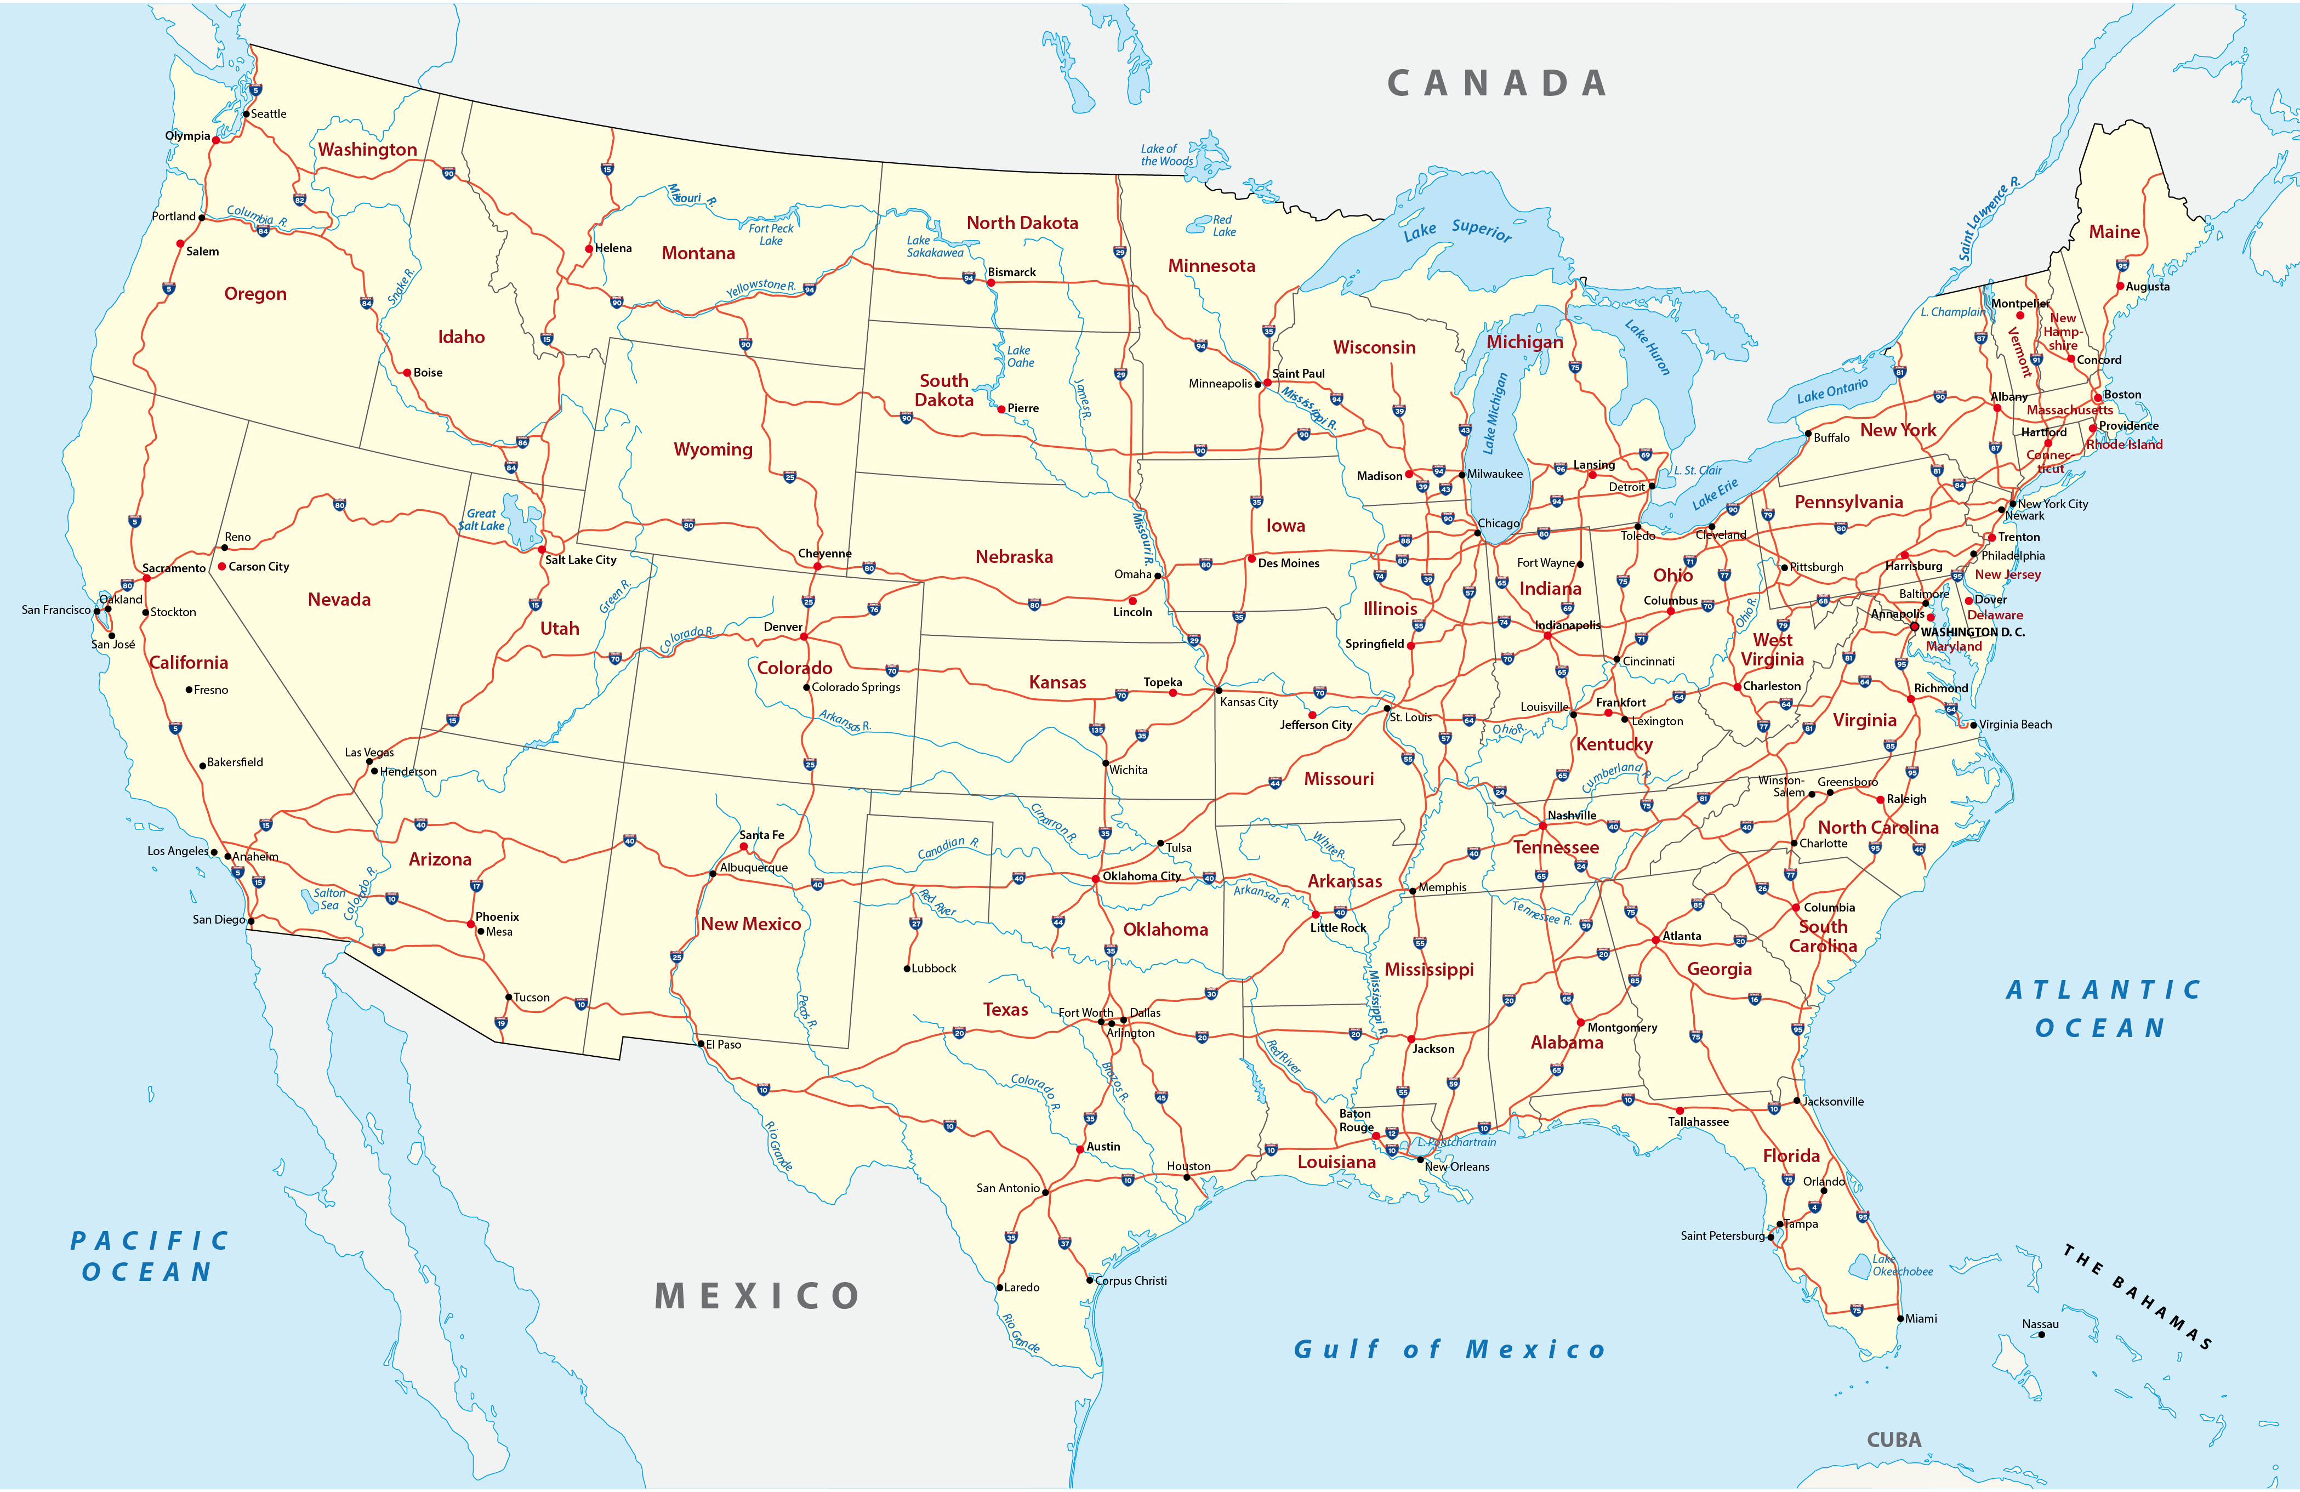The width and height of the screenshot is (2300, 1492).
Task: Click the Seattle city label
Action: pyautogui.click(x=269, y=114)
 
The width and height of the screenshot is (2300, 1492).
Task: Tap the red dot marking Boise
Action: pyautogui.click(x=408, y=372)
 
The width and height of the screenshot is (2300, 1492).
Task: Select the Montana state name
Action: pyautogui.click(x=698, y=253)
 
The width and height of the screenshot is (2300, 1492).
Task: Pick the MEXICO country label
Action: pyautogui.click(x=756, y=1296)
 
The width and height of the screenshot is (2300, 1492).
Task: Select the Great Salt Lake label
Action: pyautogui.click(x=481, y=520)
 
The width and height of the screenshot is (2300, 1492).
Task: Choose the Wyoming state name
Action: pyautogui.click(x=712, y=449)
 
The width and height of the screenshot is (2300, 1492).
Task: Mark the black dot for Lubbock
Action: pyautogui.click(x=907, y=968)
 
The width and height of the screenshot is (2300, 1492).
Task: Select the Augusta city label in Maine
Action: pyautogui.click(x=2147, y=287)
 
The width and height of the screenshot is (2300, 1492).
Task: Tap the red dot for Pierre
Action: pyautogui.click(x=1001, y=409)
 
